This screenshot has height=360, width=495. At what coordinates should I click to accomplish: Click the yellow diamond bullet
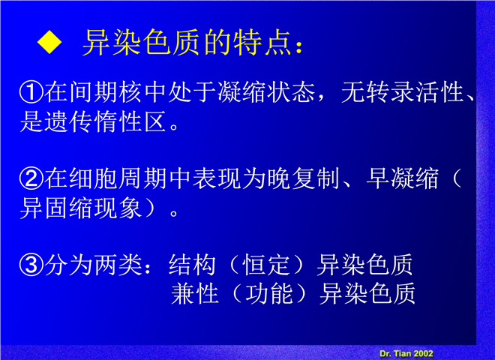(x=49, y=42)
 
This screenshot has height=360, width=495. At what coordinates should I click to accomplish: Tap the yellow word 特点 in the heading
(x=262, y=43)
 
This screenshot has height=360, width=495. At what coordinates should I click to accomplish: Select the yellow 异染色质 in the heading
(x=141, y=43)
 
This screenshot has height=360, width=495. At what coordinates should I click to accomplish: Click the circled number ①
(x=31, y=92)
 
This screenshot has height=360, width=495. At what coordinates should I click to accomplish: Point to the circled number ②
(x=31, y=178)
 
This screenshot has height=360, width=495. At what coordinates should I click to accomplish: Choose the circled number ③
(x=31, y=265)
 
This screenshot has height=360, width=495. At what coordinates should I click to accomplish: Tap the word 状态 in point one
(x=291, y=92)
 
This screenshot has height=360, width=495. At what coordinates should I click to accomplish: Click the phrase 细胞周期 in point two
(x=118, y=178)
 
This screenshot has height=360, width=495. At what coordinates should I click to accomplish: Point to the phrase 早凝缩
(x=403, y=178)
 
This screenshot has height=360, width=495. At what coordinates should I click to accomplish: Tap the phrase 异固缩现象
(x=81, y=208)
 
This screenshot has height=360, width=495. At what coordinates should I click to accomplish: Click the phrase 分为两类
(x=93, y=265)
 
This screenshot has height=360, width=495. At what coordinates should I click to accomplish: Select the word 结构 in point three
(x=192, y=265)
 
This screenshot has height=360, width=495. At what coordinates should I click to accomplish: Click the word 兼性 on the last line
(x=195, y=294)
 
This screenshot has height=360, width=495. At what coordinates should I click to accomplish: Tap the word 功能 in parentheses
(x=269, y=294)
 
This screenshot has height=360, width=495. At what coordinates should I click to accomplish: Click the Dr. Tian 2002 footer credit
(x=406, y=353)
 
